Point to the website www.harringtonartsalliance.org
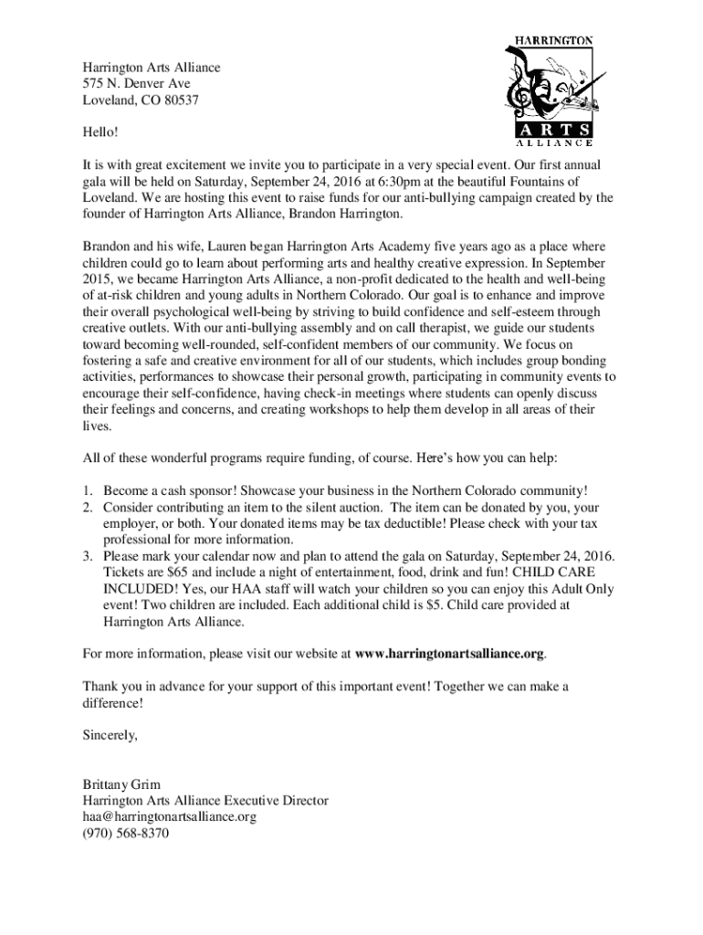pos(450,654)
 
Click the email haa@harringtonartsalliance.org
pos(170,817)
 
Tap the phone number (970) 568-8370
pos(126,834)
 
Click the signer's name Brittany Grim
pos(121,784)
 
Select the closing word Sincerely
pos(110,735)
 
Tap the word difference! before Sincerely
pos(113,703)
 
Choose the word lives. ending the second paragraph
pos(97,426)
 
